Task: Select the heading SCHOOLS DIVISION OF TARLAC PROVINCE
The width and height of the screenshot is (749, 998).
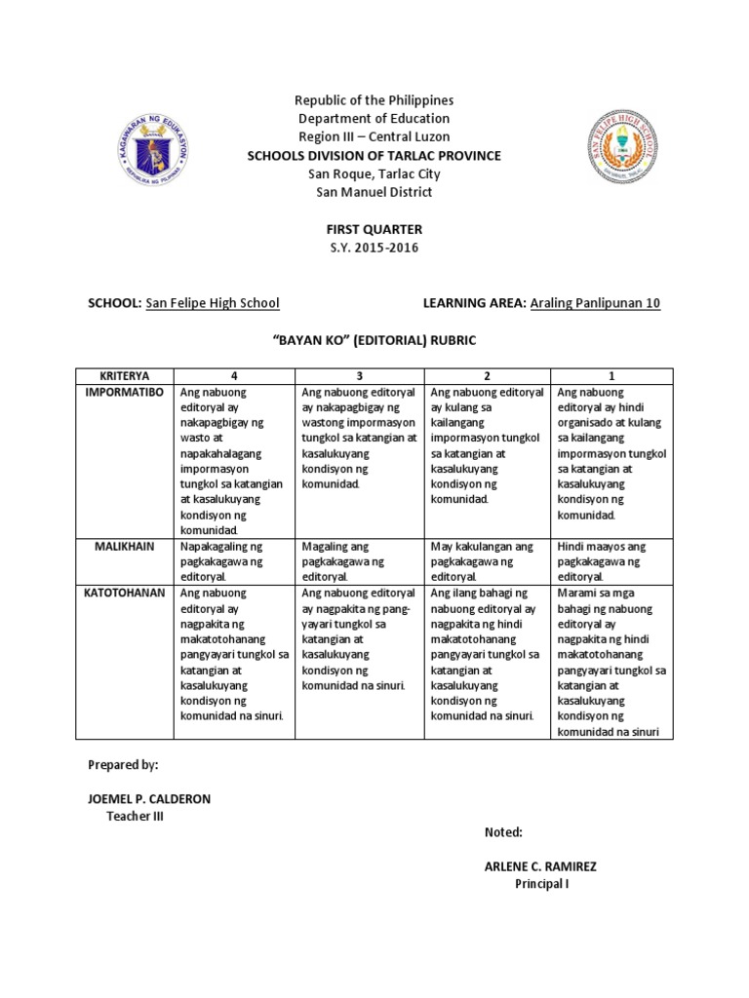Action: [374, 156]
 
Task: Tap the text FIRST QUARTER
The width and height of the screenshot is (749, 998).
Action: [374, 228]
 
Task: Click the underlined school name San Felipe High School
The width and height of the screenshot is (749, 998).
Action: [213, 303]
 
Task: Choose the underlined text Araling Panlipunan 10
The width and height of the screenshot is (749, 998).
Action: [595, 303]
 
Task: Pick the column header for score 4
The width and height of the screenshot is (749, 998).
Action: [233, 375]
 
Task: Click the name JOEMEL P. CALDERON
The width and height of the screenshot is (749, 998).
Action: [149, 798]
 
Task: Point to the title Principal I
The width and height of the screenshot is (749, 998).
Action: [541, 884]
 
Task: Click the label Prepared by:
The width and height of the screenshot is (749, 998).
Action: [122, 765]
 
